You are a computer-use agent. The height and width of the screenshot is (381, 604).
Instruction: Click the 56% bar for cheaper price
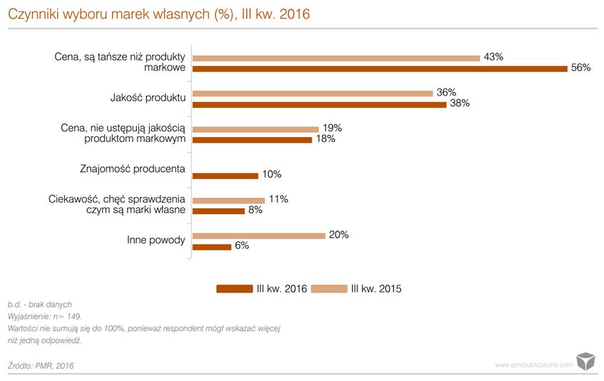[x=380, y=68]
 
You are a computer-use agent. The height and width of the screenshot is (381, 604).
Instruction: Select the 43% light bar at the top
[x=336, y=58]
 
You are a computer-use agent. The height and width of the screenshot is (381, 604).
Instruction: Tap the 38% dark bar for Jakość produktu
[x=319, y=104]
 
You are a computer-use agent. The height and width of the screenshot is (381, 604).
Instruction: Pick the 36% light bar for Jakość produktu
[x=313, y=93]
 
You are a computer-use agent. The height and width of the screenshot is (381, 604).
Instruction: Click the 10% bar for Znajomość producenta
[x=225, y=175]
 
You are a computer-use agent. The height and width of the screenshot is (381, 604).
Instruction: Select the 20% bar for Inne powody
[x=259, y=236]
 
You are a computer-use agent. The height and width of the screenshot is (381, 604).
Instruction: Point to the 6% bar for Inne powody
[x=212, y=247]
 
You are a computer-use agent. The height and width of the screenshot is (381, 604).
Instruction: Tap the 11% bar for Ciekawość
[x=229, y=200]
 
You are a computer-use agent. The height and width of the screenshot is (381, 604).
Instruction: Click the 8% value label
[x=255, y=210]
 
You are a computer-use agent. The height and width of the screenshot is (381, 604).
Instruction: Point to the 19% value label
[x=332, y=128]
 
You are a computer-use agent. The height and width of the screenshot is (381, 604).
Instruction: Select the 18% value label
[x=326, y=139]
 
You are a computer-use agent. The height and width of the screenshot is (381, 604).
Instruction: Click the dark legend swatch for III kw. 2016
[x=235, y=289]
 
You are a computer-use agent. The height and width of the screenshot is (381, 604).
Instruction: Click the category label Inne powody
[x=151, y=240]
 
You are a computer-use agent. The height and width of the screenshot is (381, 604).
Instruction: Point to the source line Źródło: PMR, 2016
[x=41, y=365]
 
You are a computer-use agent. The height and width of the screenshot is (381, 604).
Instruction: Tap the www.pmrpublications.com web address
[x=533, y=365]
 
